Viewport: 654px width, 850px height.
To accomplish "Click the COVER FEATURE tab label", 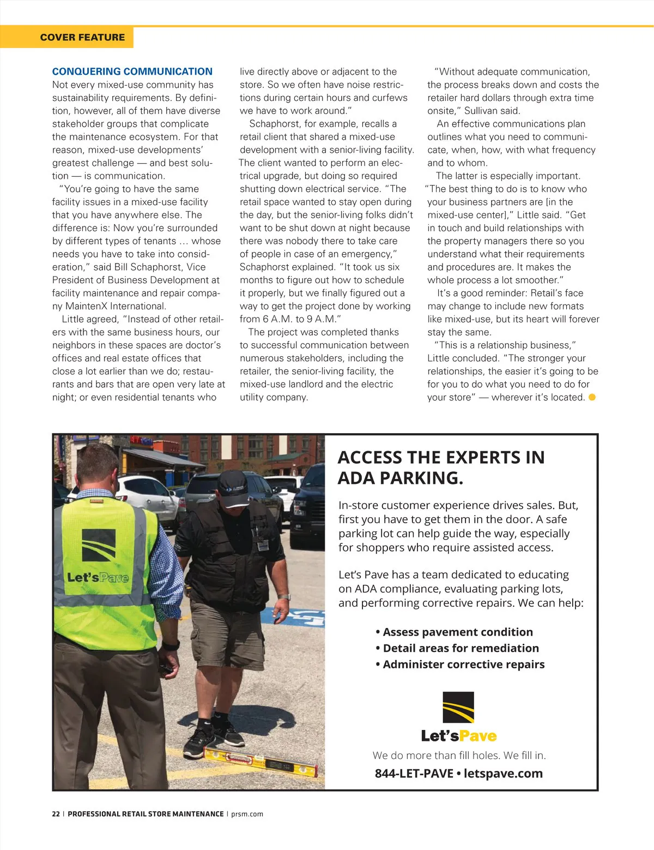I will coord(82,38).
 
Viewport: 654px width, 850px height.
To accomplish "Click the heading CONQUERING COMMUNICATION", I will coord(132,71).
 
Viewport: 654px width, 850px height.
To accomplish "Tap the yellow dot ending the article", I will coord(592,397).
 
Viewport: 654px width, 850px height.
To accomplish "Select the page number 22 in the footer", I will coord(56,814).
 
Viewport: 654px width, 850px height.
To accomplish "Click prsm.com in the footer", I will coord(247,814).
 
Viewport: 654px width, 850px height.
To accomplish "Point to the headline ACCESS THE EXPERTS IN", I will coord(441,457).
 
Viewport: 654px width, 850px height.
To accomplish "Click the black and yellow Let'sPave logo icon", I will coord(458,707).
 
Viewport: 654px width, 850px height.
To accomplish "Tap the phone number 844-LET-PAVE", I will coord(414,773).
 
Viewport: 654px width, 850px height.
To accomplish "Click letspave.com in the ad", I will coord(503,773).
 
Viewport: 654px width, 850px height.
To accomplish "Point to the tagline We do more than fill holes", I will coord(459,755).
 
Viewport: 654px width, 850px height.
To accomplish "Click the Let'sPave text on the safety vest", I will coord(98,577).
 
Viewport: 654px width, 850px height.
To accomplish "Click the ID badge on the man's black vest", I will coord(263,544).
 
